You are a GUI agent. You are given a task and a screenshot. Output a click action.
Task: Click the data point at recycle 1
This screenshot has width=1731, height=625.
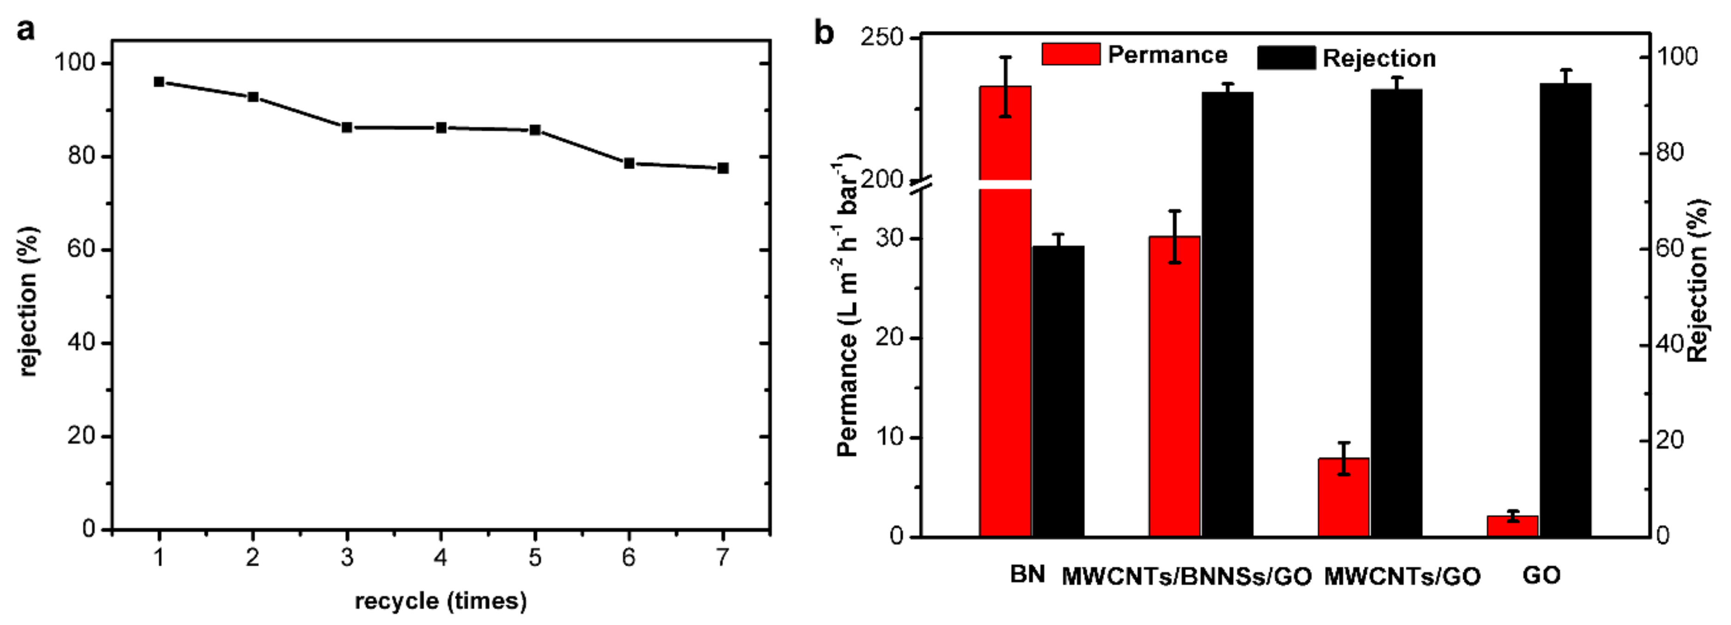[159, 82]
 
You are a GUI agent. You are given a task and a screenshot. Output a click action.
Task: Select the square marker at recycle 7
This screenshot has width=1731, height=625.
[723, 168]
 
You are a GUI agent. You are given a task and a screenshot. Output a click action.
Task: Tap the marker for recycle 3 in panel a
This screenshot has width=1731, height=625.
[347, 128]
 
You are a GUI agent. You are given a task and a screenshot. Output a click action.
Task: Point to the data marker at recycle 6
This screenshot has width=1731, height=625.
[629, 163]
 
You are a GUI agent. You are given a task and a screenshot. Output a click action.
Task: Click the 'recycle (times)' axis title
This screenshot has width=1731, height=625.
[441, 600]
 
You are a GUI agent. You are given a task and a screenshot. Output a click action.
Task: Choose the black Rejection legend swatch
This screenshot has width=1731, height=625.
[1286, 58]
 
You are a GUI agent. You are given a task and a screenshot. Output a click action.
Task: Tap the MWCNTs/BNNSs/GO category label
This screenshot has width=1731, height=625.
[1186, 576]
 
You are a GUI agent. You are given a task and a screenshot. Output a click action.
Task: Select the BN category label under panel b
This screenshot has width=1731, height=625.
[1027, 575]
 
